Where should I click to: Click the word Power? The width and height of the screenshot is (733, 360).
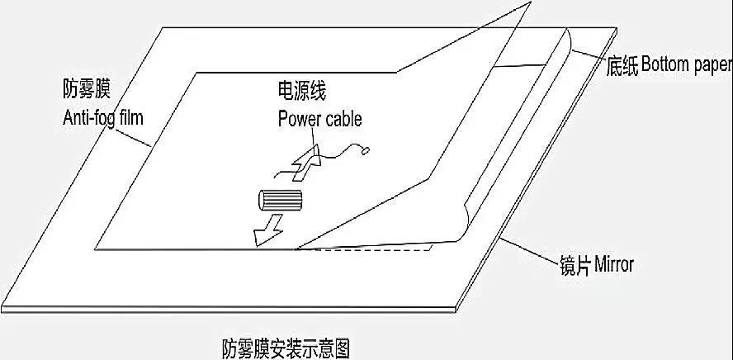(x=300, y=119)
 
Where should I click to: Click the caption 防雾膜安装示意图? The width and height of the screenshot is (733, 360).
(x=286, y=348)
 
